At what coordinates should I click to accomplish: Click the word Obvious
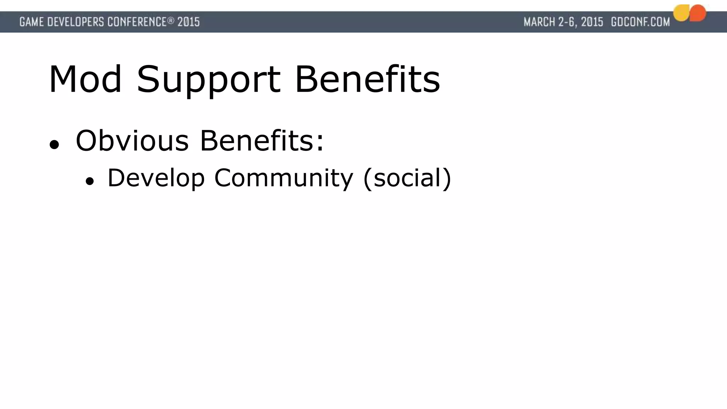pos(132,141)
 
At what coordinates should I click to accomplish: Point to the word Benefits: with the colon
pos(262,141)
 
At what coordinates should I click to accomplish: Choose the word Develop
pos(156,178)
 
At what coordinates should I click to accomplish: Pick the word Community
pos(284,178)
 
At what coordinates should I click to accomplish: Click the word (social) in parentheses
pos(407,178)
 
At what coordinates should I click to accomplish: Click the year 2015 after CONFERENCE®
pos(188,22)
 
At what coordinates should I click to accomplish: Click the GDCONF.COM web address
pos(640,22)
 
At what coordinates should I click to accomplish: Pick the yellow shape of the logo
pos(681,13)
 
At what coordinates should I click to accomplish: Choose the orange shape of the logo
pos(698,13)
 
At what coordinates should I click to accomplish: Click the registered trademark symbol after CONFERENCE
pos(171,21)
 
